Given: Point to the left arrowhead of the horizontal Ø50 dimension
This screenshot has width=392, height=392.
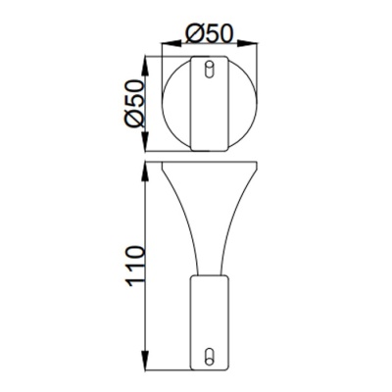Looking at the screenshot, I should pyautogui.click(x=166, y=45).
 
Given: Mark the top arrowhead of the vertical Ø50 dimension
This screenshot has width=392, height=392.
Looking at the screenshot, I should pyautogui.click(x=147, y=61).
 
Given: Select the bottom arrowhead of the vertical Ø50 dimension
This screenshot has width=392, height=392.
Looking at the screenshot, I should pyautogui.click(x=147, y=147).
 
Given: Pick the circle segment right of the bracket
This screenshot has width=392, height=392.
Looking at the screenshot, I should pyautogui.click(x=243, y=104).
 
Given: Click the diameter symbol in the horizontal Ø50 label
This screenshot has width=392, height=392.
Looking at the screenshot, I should pyautogui.click(x=194, y=32).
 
